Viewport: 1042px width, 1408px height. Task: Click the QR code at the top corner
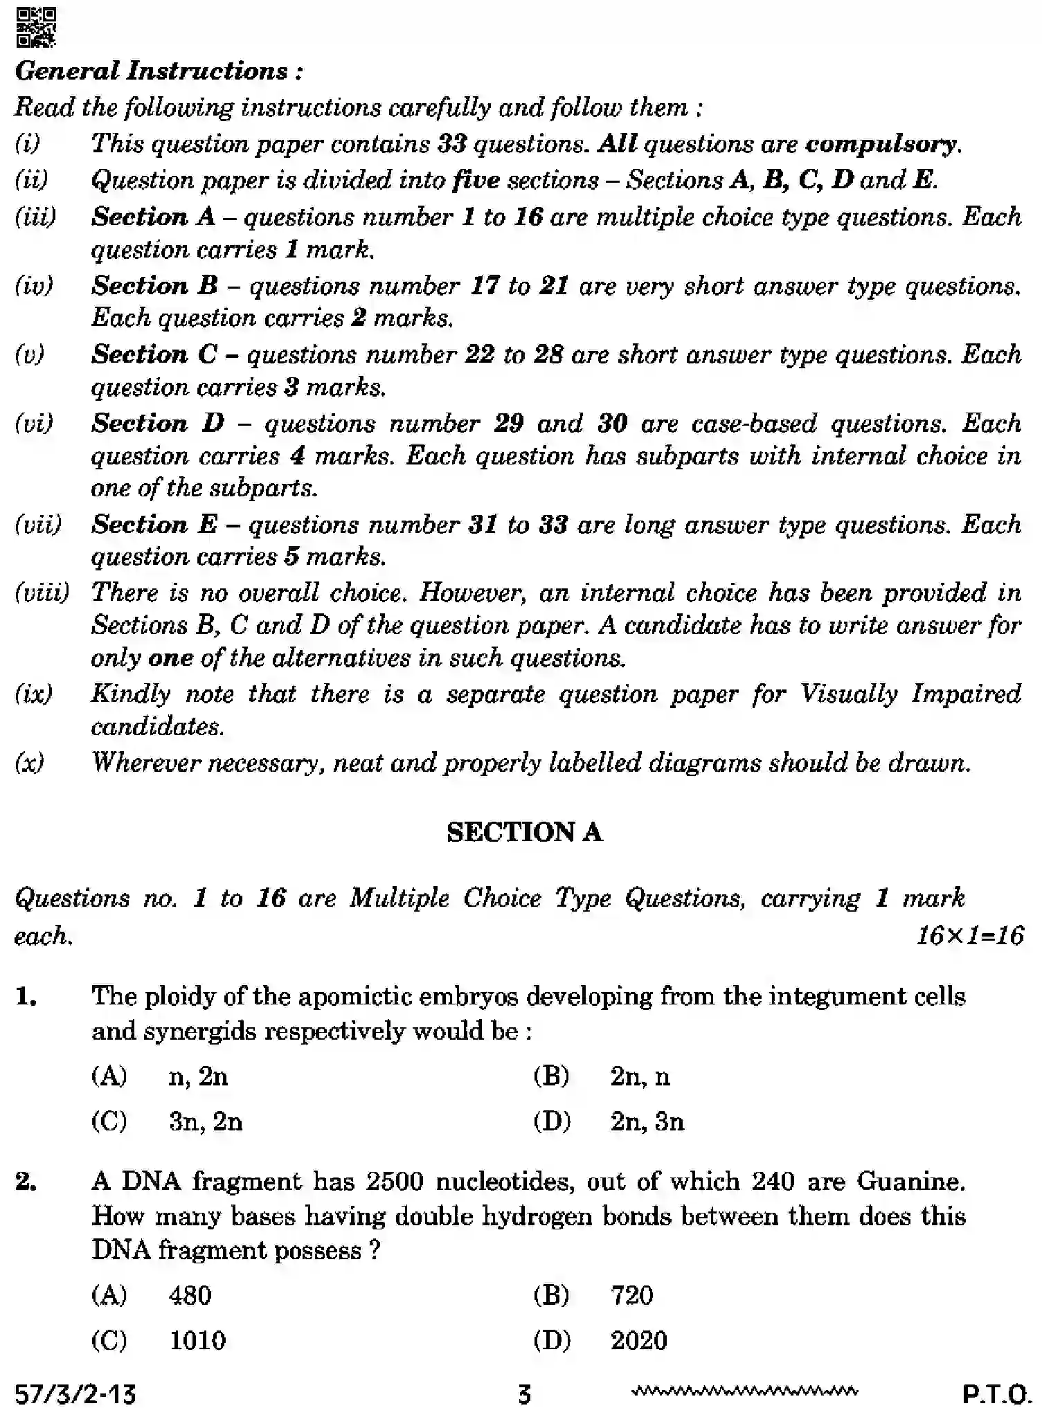coord(36,27)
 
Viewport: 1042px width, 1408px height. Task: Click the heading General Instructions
coord(159,71)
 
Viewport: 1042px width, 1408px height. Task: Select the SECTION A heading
coord(524,832)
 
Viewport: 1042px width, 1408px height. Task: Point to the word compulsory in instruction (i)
coord(881,144)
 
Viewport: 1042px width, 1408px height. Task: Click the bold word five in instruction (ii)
coord(476,180)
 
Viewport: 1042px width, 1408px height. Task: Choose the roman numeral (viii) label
coord(42,593)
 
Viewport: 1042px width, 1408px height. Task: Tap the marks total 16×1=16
coord(969,936)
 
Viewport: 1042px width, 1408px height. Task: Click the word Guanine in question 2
coord(910,1181)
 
